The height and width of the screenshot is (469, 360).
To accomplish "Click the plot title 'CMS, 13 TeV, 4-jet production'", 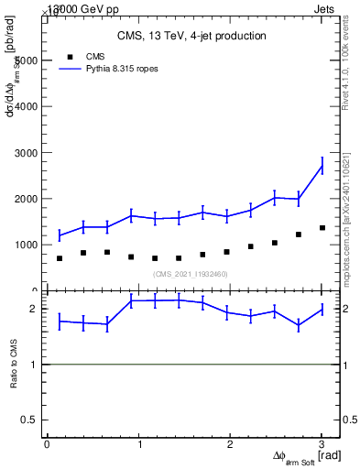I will click(191, 37).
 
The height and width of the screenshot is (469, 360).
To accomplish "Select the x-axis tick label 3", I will click(322, 445).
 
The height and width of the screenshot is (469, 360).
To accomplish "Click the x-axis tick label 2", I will click(231, 445).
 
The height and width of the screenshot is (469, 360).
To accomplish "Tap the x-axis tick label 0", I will click(47, 445).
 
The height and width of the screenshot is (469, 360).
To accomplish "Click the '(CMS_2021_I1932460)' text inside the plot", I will click(190, 274).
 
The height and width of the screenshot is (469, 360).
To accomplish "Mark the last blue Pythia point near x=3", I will click(322, 166).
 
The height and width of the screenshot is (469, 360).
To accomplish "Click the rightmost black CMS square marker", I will click(322, 228).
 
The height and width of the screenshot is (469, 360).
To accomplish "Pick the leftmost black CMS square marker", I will click(60, 258).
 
